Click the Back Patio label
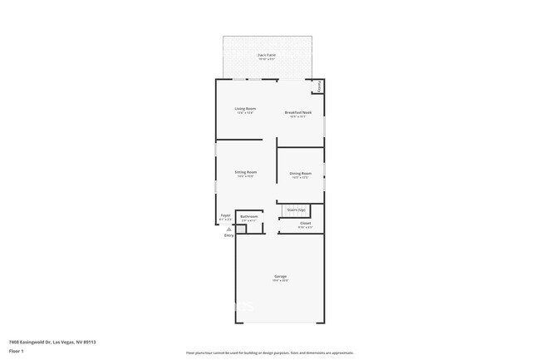[x=267, y=55]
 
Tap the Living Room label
[x=244, y=109]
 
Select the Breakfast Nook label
[x=297, y=112]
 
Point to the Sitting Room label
[x=246, y=172]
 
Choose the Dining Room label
[x=300, y=173]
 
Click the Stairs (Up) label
[x=297, y=210]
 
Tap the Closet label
[x=305, y=223]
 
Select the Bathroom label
[x=249, y=216]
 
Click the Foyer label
[x=225, y=215]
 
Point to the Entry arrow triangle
[x=229, y=229]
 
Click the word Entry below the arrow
[x=229, y=235]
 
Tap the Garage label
[x=281, y=276]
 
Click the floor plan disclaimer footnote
[x=270, y=353]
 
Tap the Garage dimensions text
[x=281, y=281]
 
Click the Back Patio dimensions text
[x=267, y=59]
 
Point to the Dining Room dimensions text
[x=300, y=177]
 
